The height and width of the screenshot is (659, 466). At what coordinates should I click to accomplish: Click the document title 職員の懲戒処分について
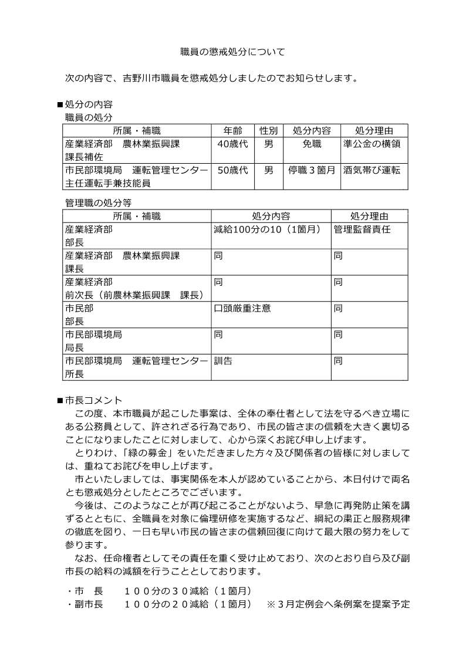tap(232, 52)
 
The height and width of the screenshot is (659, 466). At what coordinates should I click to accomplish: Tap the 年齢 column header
tap(232, 130)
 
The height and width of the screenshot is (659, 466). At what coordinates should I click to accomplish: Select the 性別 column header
tap(268, 130)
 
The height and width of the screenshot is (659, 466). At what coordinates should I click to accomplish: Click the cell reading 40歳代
tap(232, 144)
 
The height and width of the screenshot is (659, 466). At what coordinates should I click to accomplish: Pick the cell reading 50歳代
tap(232, 170)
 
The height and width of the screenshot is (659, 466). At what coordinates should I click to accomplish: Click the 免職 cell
tap(312, 144)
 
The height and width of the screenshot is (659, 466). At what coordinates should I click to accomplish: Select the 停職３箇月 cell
tap(312, 170)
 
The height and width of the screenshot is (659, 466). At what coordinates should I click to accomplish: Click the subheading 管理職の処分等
tap(97, 202)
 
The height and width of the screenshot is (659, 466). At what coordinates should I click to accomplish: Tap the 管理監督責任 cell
tap(362, 229)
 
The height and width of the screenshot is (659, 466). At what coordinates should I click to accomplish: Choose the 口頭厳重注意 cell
tap(242, 308)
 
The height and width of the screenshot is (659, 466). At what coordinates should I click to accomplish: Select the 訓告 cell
tap(223, 361)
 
